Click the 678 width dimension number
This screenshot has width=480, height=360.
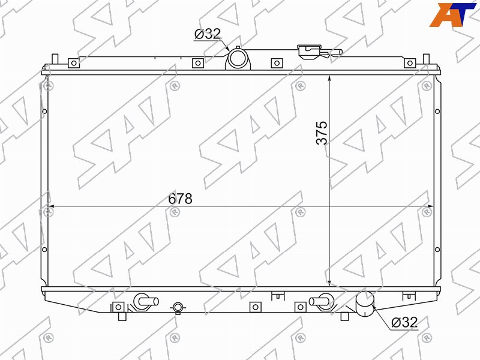tap(181, 199)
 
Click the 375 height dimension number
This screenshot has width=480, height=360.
tap(322, 133)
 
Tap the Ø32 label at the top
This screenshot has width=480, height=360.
tap(208, 34)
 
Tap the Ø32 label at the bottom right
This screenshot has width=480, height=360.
tap(404, 322)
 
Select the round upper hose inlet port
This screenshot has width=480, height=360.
tap(238, 58)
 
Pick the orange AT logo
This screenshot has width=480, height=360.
tap(453, 14)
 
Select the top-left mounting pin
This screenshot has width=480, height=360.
tap(55, 59)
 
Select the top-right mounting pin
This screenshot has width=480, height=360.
tap(426, 59)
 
